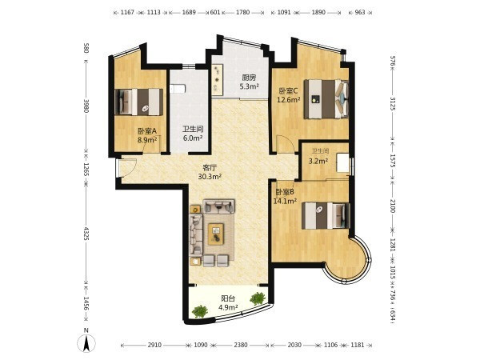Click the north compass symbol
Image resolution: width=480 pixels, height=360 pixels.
tap(86, 343)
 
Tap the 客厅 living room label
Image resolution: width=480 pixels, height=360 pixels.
tap(210, 168)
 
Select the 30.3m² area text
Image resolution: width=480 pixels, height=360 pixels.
tap(210, 177)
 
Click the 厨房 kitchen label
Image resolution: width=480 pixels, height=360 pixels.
tap(249, 78)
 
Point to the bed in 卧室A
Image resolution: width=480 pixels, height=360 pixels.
tap(138, 102)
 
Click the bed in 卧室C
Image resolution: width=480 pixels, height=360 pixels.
tap(326, 99)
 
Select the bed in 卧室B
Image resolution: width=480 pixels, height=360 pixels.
tap(326, 215)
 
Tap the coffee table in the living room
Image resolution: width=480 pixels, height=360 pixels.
tap(216, 234)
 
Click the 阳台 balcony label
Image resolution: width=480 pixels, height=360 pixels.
tap(228, 298)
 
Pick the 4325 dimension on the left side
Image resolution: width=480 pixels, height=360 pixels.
tap(86, 234)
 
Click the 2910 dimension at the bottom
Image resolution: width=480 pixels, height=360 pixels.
tap(154, 345)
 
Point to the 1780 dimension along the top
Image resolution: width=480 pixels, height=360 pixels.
tap(242, 13)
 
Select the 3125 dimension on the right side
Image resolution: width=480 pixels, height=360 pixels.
tap(393, 103)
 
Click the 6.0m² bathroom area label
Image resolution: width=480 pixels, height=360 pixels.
tap(193, 138)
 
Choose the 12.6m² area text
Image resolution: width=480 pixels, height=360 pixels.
tap(288, 99)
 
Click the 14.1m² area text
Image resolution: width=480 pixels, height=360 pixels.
tap(285, 201)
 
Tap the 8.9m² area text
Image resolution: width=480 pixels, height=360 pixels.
tap(147, 140)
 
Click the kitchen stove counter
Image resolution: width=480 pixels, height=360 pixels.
tap(218, 79)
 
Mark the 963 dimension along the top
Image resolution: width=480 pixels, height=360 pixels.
tap(360, 13)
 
